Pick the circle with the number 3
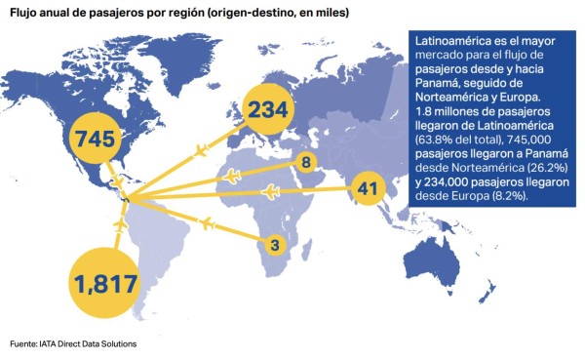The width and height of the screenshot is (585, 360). pyautogui.click(x=275, y=244)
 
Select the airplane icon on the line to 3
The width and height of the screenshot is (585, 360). pyautogui.click(x=206, y=224)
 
